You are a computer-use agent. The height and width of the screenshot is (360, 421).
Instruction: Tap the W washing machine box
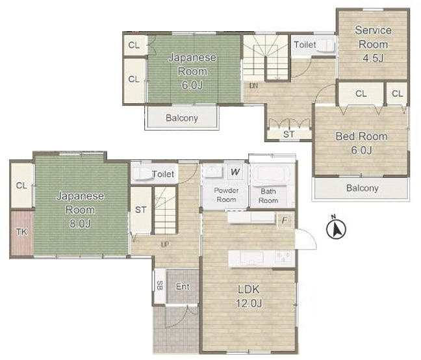(235, 172)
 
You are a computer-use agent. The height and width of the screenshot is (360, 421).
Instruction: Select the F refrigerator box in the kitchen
(285, 220)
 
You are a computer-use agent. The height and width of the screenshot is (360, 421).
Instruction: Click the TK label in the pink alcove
(21, 232)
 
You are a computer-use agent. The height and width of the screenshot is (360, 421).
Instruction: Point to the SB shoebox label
(159, 286)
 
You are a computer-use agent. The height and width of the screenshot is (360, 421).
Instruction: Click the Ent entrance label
(183, 287)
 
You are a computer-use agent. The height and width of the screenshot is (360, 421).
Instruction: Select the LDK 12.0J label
(249, 296)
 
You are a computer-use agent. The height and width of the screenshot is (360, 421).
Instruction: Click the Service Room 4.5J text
(373, 44)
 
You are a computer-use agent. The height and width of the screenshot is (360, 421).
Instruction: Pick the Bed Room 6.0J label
(362, 143)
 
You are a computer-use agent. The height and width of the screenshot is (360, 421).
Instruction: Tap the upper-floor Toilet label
(305, 45)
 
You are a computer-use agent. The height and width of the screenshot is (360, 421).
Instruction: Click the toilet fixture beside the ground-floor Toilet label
(143, 174)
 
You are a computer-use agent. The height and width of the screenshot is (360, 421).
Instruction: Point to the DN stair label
(253, 86)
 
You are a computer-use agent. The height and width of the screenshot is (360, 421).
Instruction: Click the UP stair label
(165, 244)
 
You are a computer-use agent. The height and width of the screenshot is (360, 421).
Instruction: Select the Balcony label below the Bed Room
(362, 188)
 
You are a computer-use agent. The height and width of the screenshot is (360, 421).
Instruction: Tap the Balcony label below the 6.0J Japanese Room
(182, 118)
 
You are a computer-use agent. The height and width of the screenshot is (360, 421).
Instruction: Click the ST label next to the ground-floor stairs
(141, 210)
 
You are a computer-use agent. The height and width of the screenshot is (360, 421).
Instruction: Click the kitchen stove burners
(283, 257)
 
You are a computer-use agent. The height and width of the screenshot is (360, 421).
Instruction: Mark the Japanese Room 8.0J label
(80, 209)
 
